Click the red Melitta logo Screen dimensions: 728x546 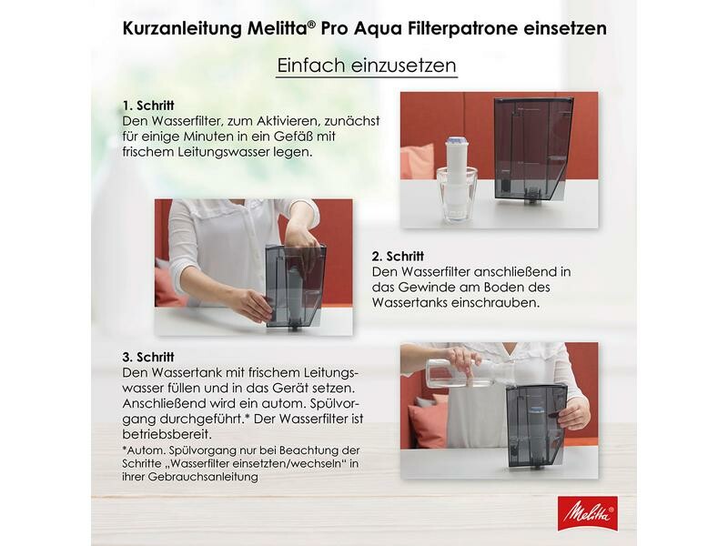[587, 514]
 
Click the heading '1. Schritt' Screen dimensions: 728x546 [148, 106]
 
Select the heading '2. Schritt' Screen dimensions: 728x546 [398, 257]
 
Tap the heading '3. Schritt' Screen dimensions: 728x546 [148, 357]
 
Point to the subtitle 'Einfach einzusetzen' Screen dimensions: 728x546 [367, 66]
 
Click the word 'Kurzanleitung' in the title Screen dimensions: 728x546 [182, 29]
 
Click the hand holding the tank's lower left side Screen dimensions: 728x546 [252, 304]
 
